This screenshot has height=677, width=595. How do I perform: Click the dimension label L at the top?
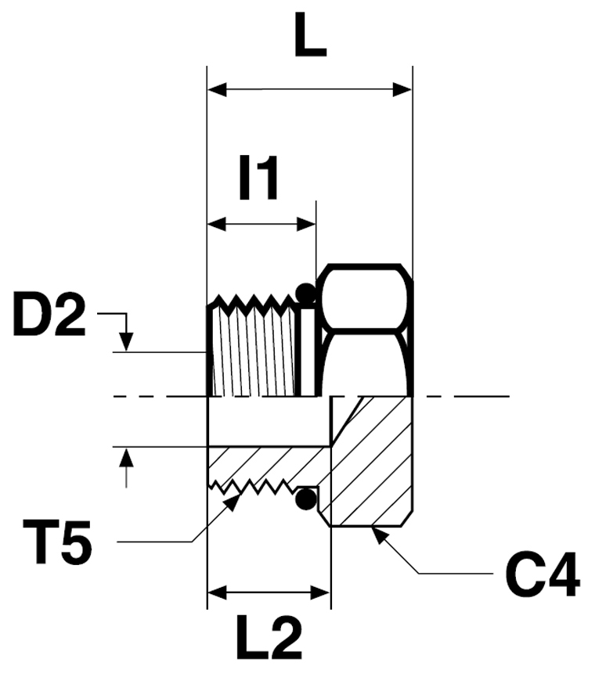click(310, 35)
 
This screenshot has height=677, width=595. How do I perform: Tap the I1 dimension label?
click(258, 178)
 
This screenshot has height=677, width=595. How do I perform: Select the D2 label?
click(49, 314)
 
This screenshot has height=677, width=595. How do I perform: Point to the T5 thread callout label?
click(57, 542)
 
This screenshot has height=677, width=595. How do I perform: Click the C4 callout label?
click(542, 574)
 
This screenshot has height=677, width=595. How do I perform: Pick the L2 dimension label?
click(269, 639)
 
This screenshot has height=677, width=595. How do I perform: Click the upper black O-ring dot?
click(306, 293)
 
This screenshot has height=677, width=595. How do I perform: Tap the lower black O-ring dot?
click(306, 499)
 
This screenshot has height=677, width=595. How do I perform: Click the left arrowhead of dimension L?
click(217, 90)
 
